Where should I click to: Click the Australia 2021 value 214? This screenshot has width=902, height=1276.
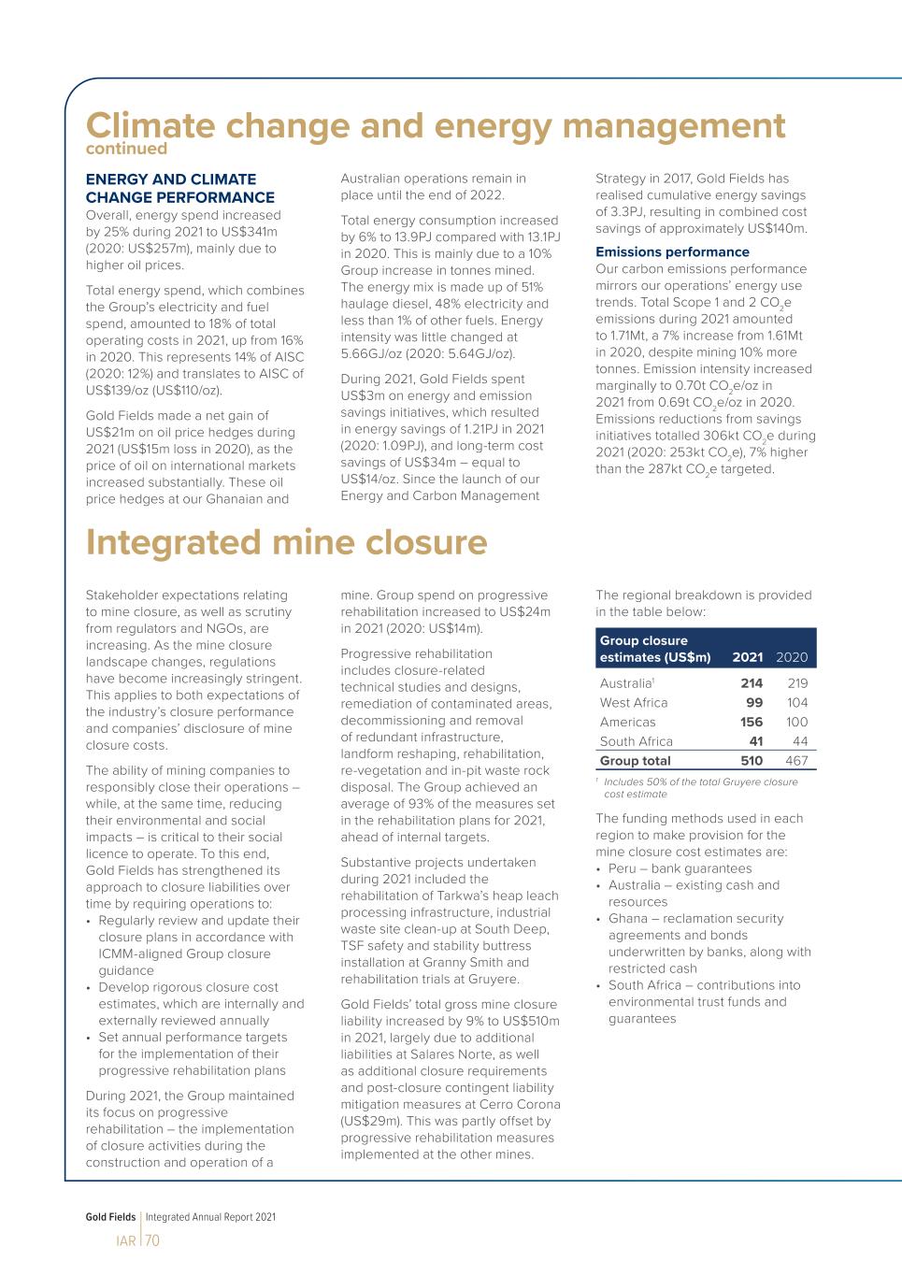[751, 683]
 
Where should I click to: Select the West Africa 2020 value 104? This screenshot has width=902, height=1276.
[796, 703]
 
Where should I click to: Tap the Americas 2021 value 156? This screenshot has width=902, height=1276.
[751, 723]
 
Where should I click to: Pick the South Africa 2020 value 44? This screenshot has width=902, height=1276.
[799, 741]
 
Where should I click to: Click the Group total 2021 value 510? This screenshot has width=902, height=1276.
[751, 761]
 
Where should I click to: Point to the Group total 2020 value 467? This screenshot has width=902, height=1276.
[796, 761]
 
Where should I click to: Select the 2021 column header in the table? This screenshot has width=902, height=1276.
[747, 657]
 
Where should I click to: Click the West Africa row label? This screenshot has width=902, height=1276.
[634, 703]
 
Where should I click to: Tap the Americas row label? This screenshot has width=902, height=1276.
[627, 723]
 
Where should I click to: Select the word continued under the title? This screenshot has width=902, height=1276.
[126, 149]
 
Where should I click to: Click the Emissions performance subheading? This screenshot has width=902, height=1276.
[672, 252]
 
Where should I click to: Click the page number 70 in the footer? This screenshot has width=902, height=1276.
[152, 1240]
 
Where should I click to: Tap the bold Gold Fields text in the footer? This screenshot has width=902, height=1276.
[110, 1217]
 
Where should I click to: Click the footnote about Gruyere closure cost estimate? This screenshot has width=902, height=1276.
[699, 787]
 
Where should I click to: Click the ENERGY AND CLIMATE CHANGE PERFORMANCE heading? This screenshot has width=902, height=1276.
[179, 188]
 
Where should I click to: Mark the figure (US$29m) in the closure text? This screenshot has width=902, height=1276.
[373, 1121]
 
